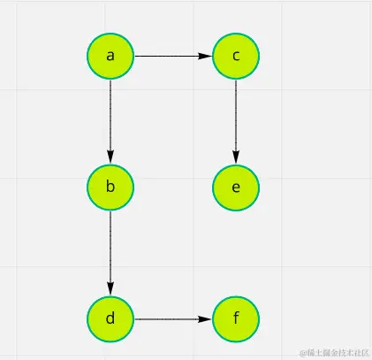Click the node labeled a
tap(110, 56)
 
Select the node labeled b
tap(110, 187)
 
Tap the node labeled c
tap(236, 56)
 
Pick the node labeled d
tap(110, 318)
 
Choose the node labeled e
tap(236, 187)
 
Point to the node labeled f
tap(236, 318)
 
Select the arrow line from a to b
tap(110, 115)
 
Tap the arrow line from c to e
tap(236, 115)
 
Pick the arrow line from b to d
tap(110, 248)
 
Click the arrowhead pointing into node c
tap(207, 56)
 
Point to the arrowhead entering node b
tap(110, 157)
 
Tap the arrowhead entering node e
tap(236, 157)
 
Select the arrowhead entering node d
tap(110, 288)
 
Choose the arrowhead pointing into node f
tap(207, 318)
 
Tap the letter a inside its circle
tap(110, 56)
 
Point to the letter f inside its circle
tap(236, 318)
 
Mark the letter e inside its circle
tap(236, 187)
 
